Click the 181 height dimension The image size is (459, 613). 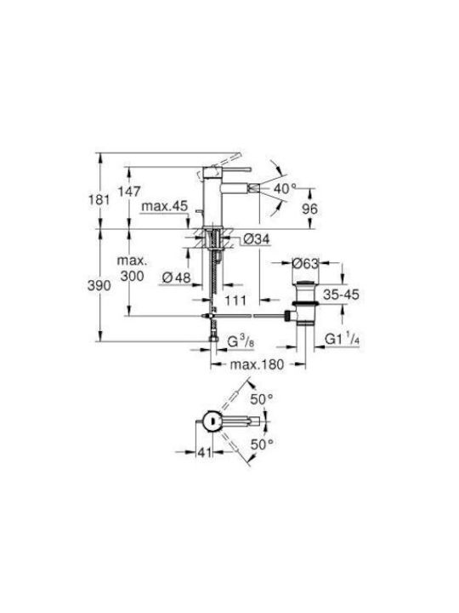click(99, 200)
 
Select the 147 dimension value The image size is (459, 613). click(129, 192)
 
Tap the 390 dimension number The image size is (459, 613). click(99, 286)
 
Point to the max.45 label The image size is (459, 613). click(164, 206)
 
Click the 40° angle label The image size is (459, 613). click(285, 189)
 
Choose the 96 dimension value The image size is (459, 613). click(310, 209)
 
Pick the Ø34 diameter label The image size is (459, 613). click(256, 238)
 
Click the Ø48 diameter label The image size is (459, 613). click(177, 278)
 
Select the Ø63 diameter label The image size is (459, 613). click(305, 263)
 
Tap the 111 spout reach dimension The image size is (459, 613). click(235, 301)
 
